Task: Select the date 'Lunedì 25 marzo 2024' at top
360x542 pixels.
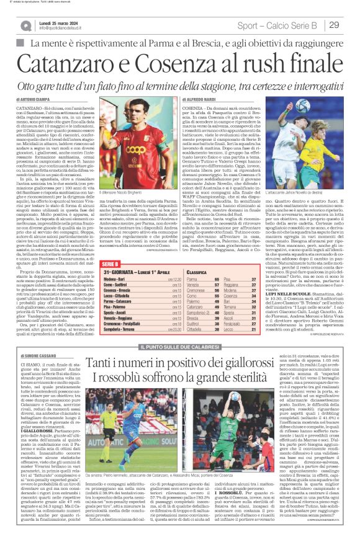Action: tap(60, 22)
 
